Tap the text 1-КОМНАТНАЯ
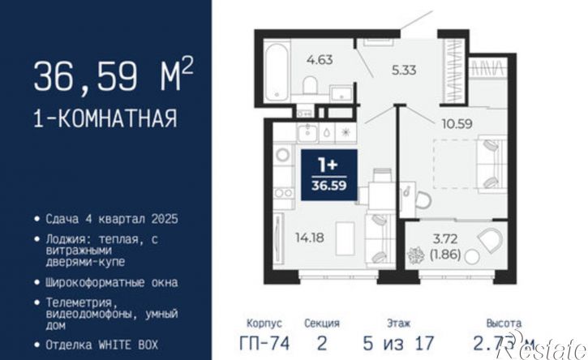(x=105, y=119)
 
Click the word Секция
(x=323, y=321)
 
